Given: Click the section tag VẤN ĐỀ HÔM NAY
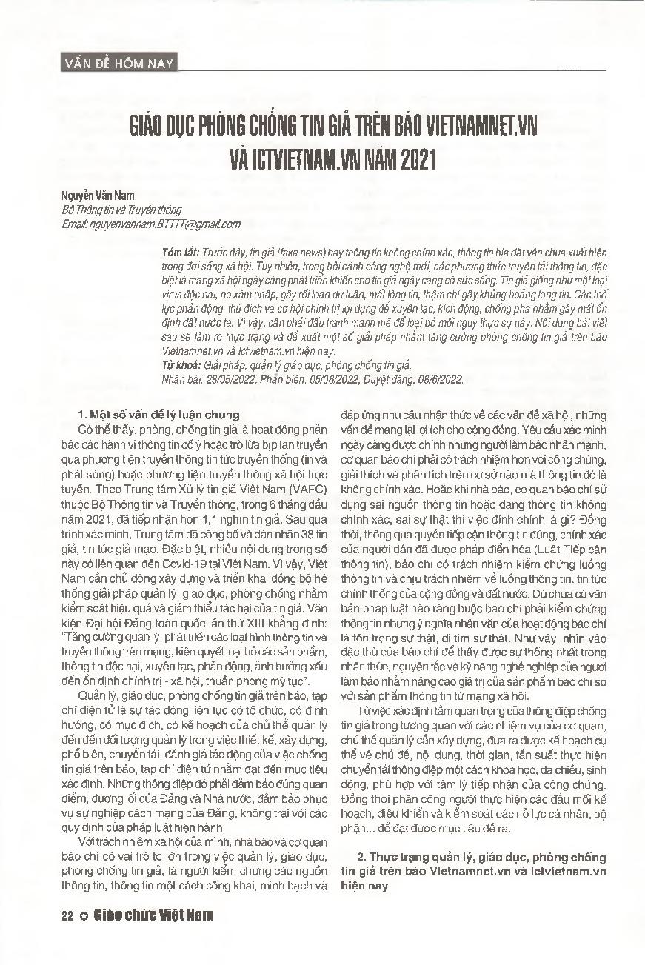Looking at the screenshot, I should click(x=118, y=63).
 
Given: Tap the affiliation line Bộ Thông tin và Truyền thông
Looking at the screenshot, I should click(x=121, y=210).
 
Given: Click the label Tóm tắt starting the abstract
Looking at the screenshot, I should click(x=178, y=253).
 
